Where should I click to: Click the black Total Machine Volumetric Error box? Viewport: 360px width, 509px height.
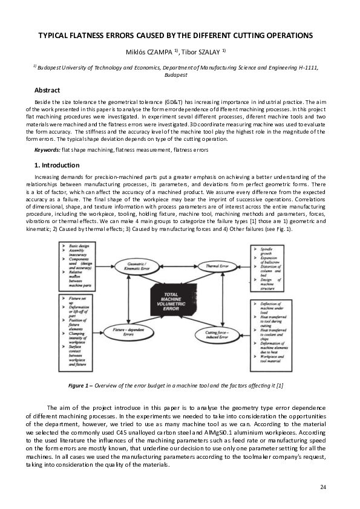(x=175, y=301)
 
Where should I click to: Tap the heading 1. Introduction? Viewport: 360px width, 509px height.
(x=56, y=165)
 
